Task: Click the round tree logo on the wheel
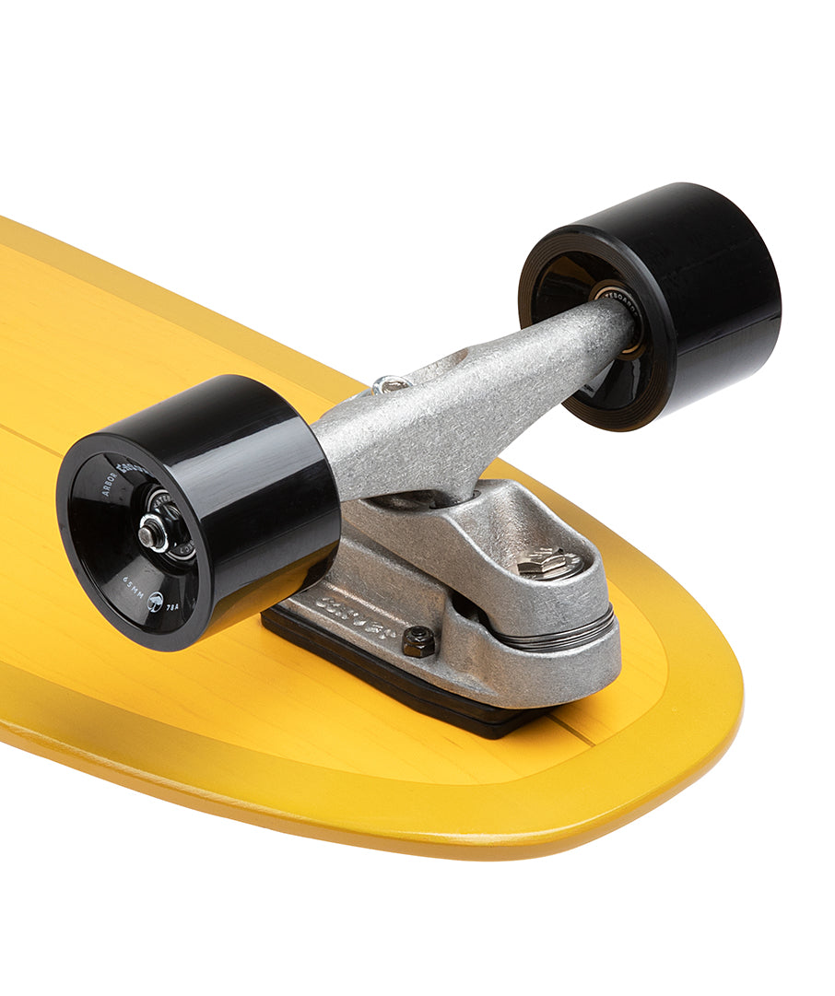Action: [156, 601]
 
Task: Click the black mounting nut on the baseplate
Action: [417, 641]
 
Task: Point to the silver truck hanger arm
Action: [479, 405]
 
